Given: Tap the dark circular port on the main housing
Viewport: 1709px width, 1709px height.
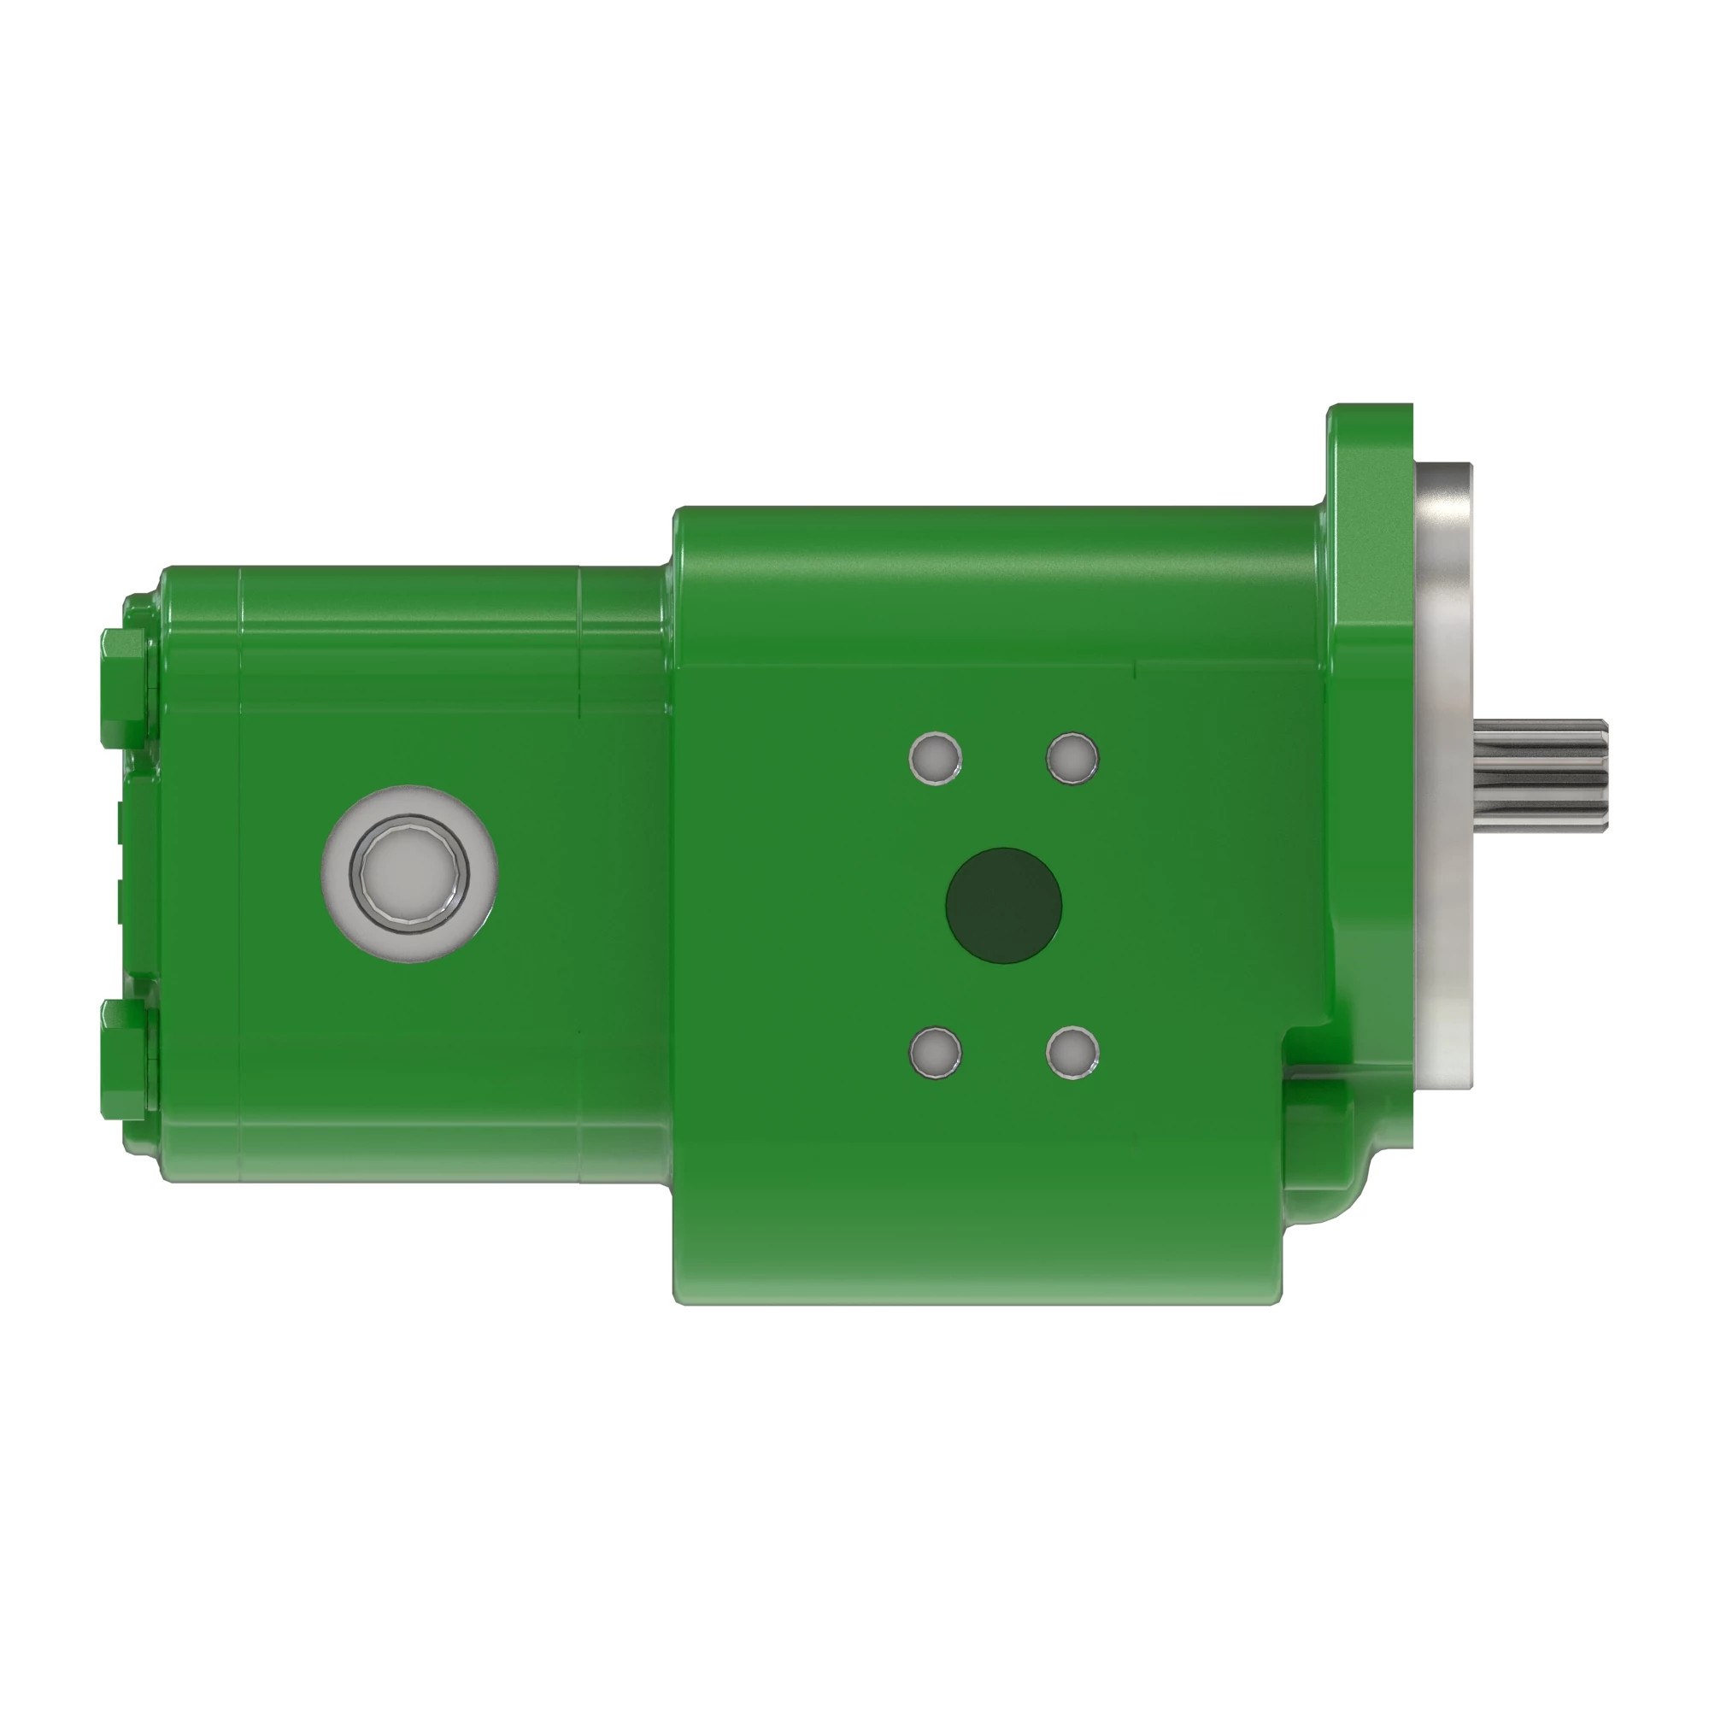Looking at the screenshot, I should pyautogui.click(x=1003, y=905).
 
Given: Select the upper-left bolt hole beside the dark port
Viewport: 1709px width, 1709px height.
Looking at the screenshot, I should pyautogui.click(x=935, y=758).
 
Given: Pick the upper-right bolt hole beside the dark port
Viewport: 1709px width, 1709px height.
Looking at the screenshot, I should pyautogui.click(x=1072, y=758).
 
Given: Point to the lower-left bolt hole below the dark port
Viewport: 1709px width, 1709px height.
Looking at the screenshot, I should pyautogui.click(x=935, y=1053).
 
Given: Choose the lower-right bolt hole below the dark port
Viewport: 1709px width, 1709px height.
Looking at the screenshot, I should pyautogui.click(x=1072, y=1053).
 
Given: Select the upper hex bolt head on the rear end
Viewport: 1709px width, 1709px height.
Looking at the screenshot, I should pyautogui.click(x=124, y=688).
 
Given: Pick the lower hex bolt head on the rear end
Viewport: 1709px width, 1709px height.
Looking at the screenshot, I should pyautogui.click(x=124, y=1059).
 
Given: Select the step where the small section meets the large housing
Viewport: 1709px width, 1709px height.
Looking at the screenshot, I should pyautogui.click(x=672, y=567).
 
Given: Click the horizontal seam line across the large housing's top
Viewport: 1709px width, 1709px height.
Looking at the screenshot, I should pyautogui.click(x=911, y=662).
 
